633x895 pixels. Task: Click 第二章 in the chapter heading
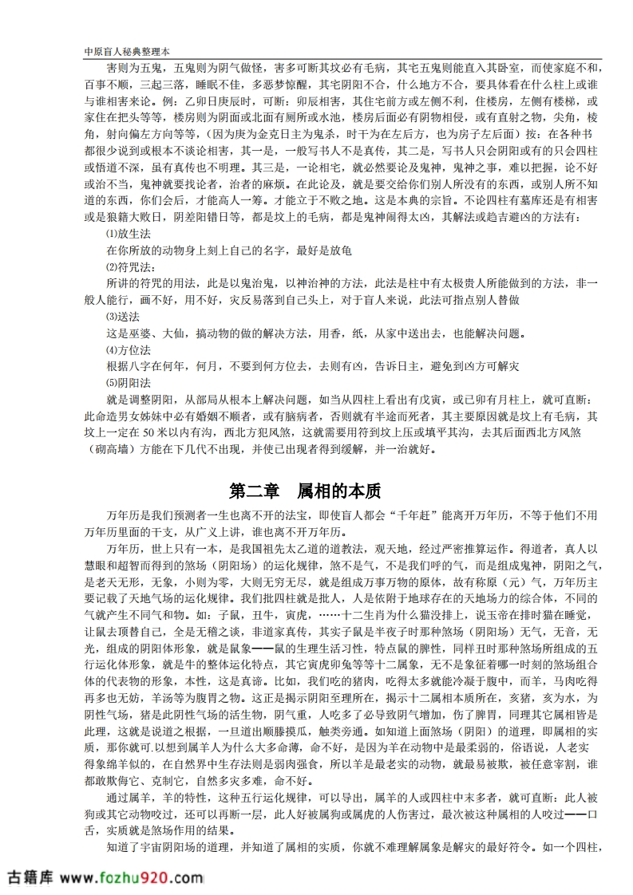[x=253, y=489]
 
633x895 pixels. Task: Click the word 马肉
[x=561, y=678]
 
